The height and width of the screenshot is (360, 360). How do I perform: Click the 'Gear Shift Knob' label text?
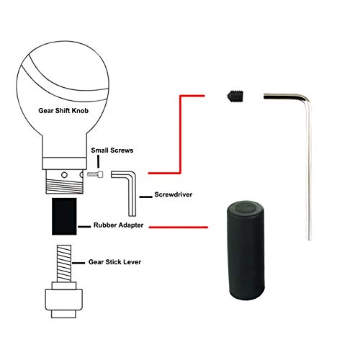(x=63, y=111)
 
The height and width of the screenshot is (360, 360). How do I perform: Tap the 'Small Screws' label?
(x=112, y=150)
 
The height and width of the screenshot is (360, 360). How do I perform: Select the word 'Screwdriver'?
(x=174, y=194)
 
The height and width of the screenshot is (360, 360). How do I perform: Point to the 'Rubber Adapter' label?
(x=118, y=225)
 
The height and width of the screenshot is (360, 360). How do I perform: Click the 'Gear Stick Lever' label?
(x=114, y=262)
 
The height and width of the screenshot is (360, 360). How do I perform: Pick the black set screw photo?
(x=235, y=95)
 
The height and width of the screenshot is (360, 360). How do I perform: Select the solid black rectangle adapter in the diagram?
(x=64, y=216)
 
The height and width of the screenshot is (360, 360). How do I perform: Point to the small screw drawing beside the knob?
(x=95, y=174)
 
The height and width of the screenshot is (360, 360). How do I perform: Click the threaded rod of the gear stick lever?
(x=64, y=264)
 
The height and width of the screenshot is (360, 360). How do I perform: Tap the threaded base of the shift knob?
(x=64, y=181)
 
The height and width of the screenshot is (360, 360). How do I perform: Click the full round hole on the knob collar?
(x=64, y=175)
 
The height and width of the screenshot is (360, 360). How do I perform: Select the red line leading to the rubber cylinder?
(x=179, y=227)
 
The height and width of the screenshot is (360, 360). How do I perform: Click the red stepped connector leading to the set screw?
(x=180, y=135)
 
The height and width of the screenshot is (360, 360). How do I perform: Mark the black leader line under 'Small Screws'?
(x=98, y=162)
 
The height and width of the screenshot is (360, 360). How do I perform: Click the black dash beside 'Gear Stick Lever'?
(x=78, y=263)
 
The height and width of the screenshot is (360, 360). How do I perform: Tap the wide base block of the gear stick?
(x=64, y=300)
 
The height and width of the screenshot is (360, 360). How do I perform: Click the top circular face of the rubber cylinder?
(x=246, y=208)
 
